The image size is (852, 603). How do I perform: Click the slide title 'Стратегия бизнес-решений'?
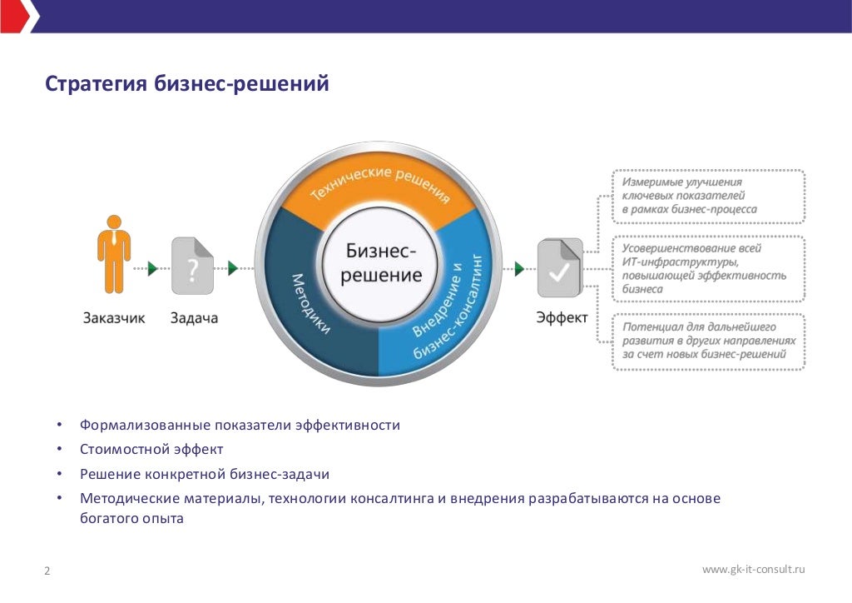point(187,85)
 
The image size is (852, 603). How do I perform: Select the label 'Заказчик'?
point(114,318)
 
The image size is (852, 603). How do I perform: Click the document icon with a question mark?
point(192,267)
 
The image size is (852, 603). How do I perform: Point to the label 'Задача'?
point(194,318)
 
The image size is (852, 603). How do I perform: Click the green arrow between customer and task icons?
point(152,267)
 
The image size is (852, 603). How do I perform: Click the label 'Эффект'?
point(562,318)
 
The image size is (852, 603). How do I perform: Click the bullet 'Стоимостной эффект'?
point(151,450)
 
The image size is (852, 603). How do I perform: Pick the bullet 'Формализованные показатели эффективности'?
point(240,426)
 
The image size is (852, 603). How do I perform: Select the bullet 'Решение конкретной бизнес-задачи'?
point(205,474)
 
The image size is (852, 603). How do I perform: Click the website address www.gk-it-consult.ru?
point(754,570)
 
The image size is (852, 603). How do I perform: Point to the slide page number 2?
point(47,571)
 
